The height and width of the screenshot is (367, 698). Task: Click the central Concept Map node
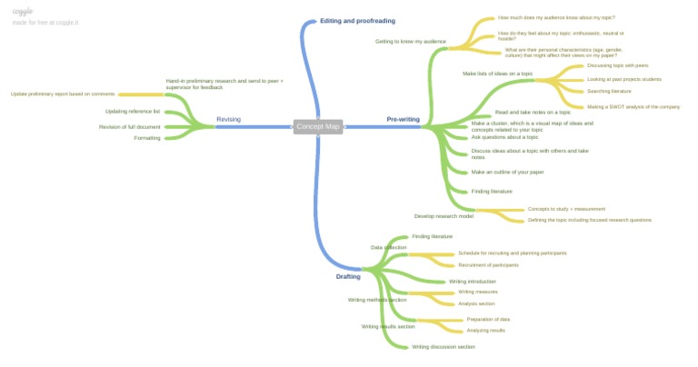pyautogui.click(x=318, y=126)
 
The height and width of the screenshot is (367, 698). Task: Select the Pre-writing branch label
pyautogui.click(x=403, y=119)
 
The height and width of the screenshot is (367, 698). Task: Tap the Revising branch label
pyautogui.click(x=228, y=119)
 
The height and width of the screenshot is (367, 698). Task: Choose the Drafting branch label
pyautogui.click(x=348, y=276)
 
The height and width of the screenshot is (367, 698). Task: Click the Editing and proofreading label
pyautogui.click(x=357, y=20)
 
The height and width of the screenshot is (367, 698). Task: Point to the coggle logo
pyautogui.click(x=23, y=11)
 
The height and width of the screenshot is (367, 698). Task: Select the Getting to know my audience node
pyautogui.click(x=410, y=41)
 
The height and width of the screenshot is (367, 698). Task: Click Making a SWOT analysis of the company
pyautogui.click(x=633, y=106)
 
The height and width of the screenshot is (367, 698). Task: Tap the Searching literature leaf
pyautogui.click(x=609, y=91)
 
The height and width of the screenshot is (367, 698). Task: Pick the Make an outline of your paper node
pyautogui.click(x=507, y=172)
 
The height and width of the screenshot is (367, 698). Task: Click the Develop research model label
pyautogui.click(x=444, y=216)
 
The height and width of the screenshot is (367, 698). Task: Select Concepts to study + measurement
pyautogui.click(x=566, y=209)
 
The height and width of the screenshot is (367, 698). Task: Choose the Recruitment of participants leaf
pyautogui.click(x=488, y=265)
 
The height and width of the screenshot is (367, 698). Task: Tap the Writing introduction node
pyautogui.click(x=473, y=282)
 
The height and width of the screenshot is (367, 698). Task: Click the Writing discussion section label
pyautogui.click(x=443, y=346)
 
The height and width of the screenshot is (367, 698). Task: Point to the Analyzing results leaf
pyautogui.click(x=485, y=330)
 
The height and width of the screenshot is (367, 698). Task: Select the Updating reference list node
pyautogui.click(x=132, y=111)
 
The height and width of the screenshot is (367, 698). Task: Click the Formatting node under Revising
pyautogui.click(x=146, y=138)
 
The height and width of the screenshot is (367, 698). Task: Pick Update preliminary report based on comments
pyautogui.click(x=63, y=94)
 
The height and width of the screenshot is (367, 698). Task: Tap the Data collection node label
pyautogui.click(x=388, y=247)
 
